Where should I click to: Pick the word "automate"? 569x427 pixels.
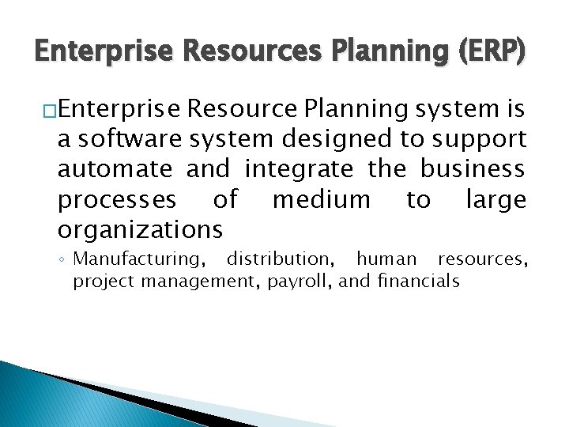[x=115, y=169]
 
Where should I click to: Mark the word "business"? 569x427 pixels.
[x=472, y=169]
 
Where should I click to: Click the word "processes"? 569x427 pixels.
[x=117, y=201]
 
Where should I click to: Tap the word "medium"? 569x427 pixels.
[x=321, y=199]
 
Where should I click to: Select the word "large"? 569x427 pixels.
[x=496, y=201]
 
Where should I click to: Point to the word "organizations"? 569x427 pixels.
[x=140, y=230]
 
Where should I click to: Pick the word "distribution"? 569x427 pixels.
[x=281, y=259]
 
